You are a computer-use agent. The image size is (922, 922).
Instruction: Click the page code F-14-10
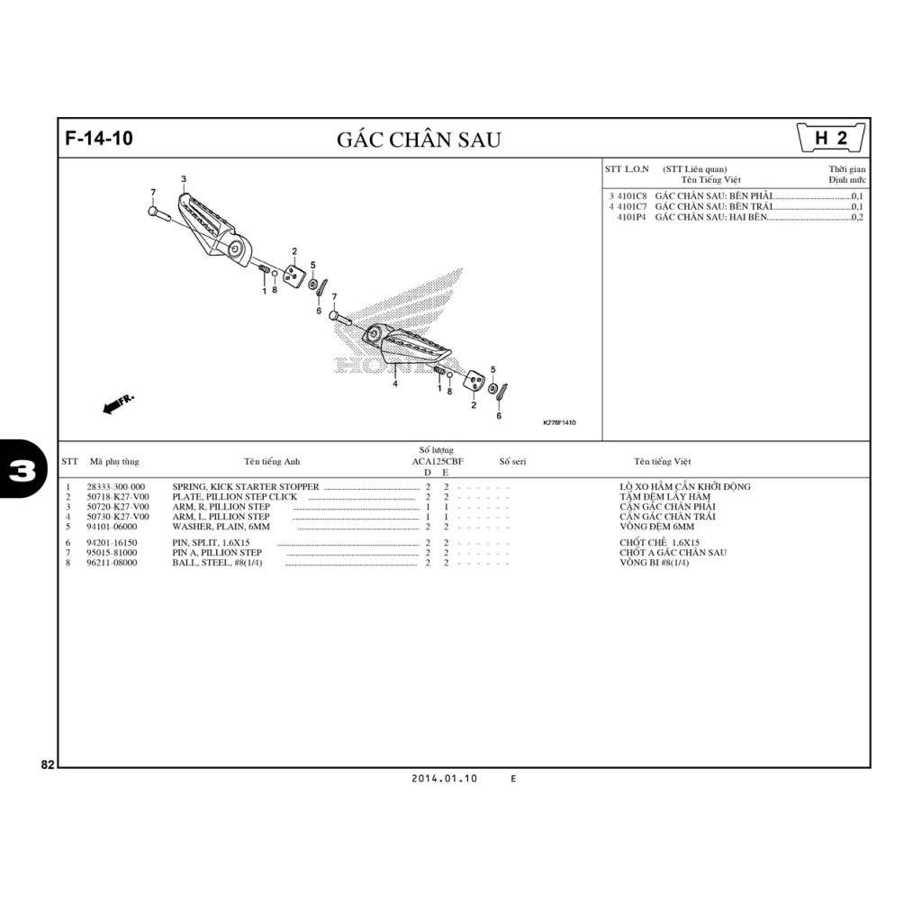click(x=99, y=139)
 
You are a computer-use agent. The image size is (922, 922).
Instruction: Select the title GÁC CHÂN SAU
click(x=419, y=140)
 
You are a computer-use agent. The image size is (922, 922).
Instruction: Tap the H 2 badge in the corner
click(x=830, y=139)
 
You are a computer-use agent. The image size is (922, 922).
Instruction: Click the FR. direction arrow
click(x=118, y=403)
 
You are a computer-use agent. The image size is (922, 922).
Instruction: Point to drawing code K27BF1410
click(x=558, y=422)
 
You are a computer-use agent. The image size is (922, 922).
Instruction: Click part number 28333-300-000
click(x=115, y=487)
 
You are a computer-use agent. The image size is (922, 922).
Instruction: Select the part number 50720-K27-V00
click(x=118, y=507)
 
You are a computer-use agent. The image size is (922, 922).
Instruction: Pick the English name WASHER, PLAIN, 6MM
click(x=221, y=527)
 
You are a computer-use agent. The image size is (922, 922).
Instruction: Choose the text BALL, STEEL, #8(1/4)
click(x=217, y=563)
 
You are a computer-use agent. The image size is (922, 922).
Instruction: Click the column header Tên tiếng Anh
click(x=272, y=462)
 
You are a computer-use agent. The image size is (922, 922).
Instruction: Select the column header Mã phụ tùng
click(x=114, y=462)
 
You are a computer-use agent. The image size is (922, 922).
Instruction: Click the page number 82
click(x=48, y=765)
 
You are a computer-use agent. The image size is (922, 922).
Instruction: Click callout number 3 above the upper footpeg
click(x=184, y=179)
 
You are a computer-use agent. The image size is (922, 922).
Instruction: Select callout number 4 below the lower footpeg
click(x=394, y=384)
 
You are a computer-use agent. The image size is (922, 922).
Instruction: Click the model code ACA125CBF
click(x=437, y=461)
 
